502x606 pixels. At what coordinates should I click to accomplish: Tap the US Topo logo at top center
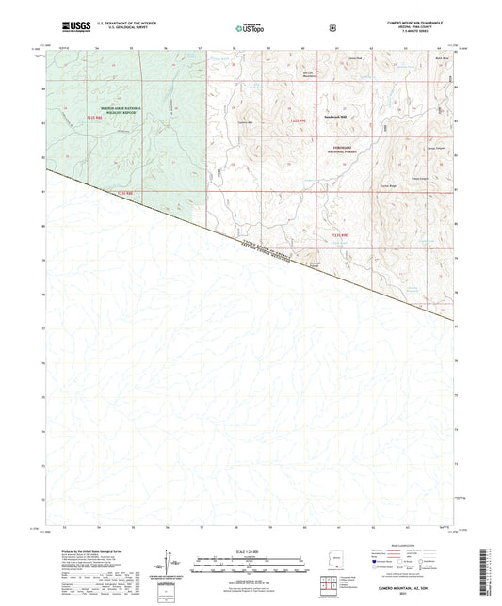click(249, 29)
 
